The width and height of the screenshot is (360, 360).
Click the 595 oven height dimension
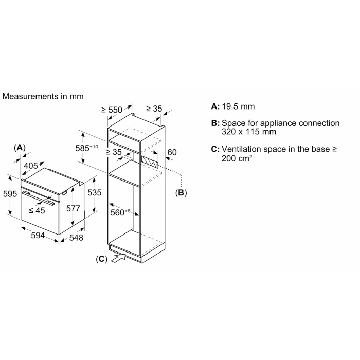tap(10, 194)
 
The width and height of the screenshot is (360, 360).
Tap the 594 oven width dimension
tap(38, 236)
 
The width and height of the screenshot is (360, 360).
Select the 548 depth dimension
tap(76, 238)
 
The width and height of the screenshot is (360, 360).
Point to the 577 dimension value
tap(73, 208)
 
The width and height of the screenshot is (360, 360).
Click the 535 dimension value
tap(94, 193)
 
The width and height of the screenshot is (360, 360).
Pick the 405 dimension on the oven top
tap(31, 166)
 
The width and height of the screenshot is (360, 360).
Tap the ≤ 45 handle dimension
tap(37, 210)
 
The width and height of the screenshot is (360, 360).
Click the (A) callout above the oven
tap(20, 148)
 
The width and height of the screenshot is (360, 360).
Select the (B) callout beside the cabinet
tap(181, 193)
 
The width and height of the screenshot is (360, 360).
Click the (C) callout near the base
tap(101, 259)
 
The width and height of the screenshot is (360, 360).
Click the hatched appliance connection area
tap(150, 163)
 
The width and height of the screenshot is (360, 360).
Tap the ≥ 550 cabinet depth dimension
tap(112, 110)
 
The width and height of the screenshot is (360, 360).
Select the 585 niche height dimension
tap(86, 148)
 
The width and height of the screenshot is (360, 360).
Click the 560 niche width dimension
tap(120, 212)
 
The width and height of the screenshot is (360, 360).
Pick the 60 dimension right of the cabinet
tap(172, 152)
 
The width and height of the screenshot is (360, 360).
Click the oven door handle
tap(39, 198)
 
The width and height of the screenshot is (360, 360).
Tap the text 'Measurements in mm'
tap(43, 96)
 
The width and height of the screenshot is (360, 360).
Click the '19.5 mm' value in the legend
tap(238, 106)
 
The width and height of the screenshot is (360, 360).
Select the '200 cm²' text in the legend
tap(237, 158)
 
